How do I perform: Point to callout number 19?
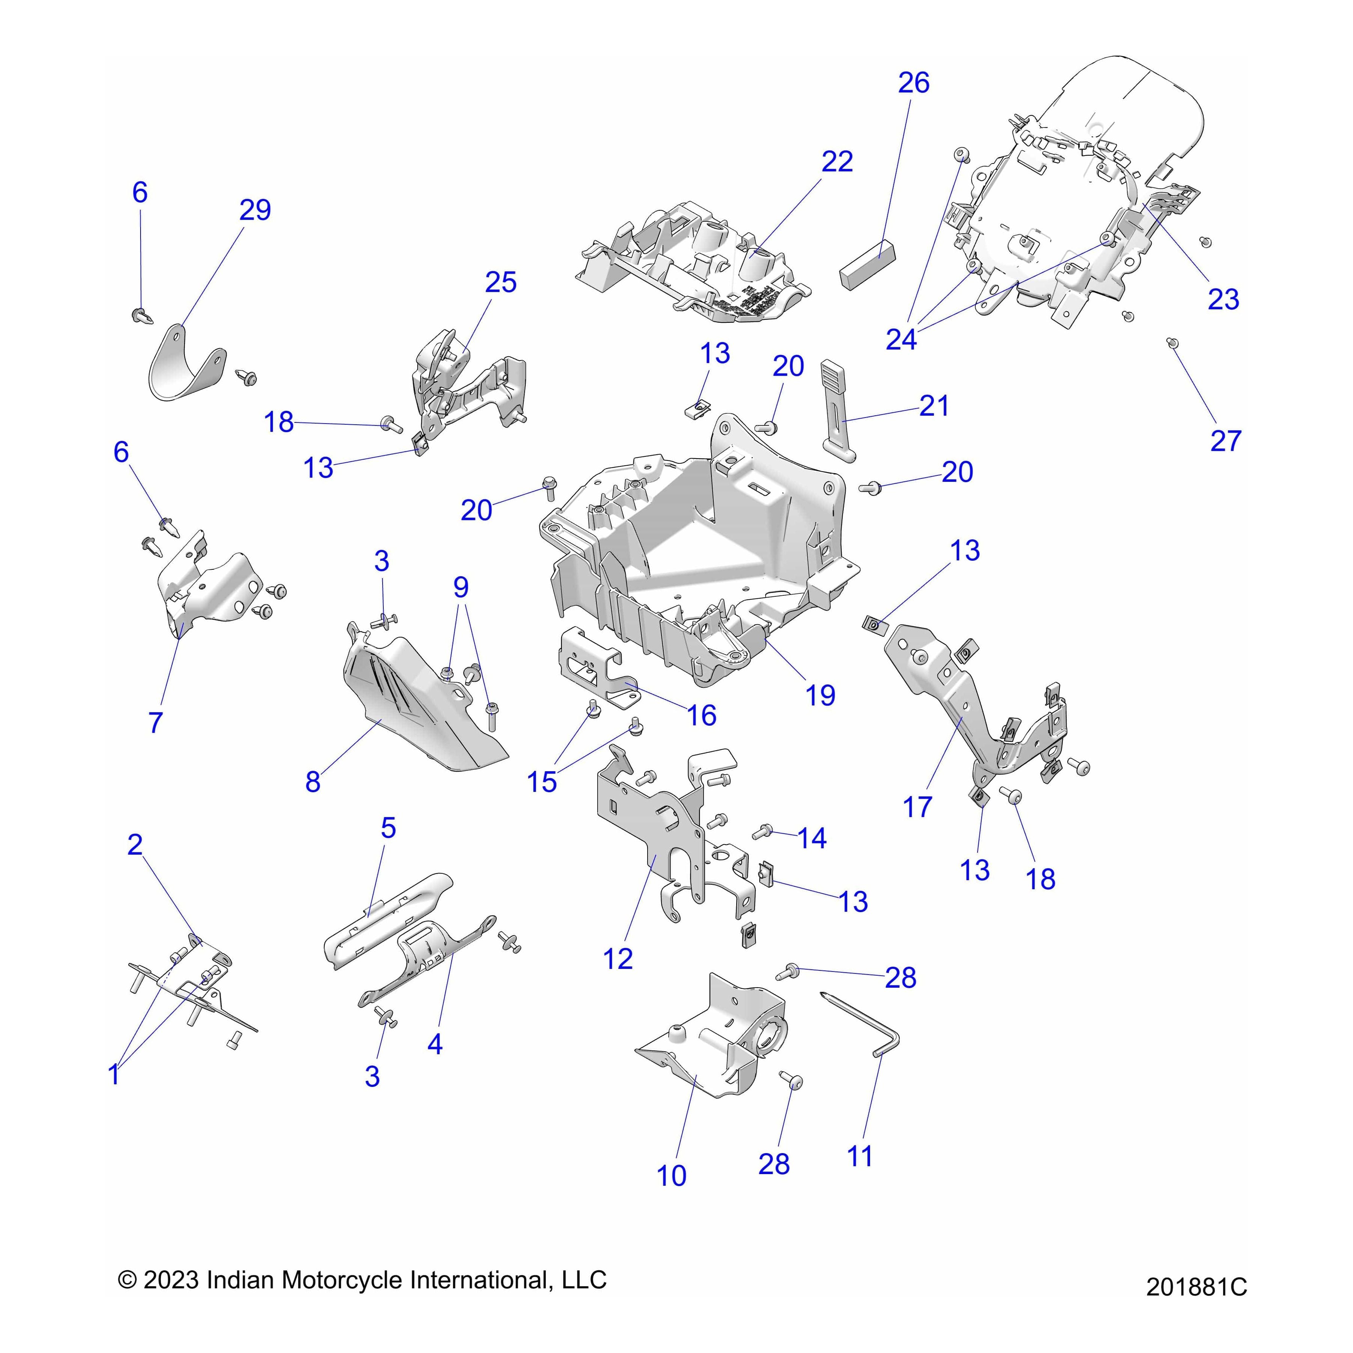click(x=820, y=695)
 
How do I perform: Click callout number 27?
click(x=1226, y=441)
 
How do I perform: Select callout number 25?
click(x=501, y=282)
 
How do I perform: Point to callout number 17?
click(x=917, y=807)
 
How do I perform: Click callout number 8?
click(x=312, y=782)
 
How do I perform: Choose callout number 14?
click(x=812, y=838)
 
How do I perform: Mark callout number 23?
click(x=1223, y=299)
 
